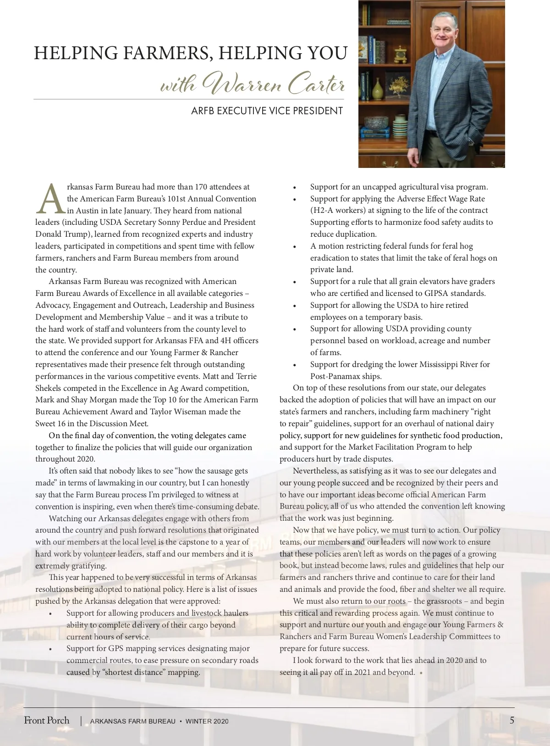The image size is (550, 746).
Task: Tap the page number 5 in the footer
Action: tap(512, 720)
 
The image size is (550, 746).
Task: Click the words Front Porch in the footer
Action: tap(47, 720)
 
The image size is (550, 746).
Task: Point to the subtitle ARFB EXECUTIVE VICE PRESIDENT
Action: tap(267, 111)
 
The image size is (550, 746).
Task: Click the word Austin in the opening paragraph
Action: tap(87, 211)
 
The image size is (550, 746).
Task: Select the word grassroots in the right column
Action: tap(444, 601)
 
